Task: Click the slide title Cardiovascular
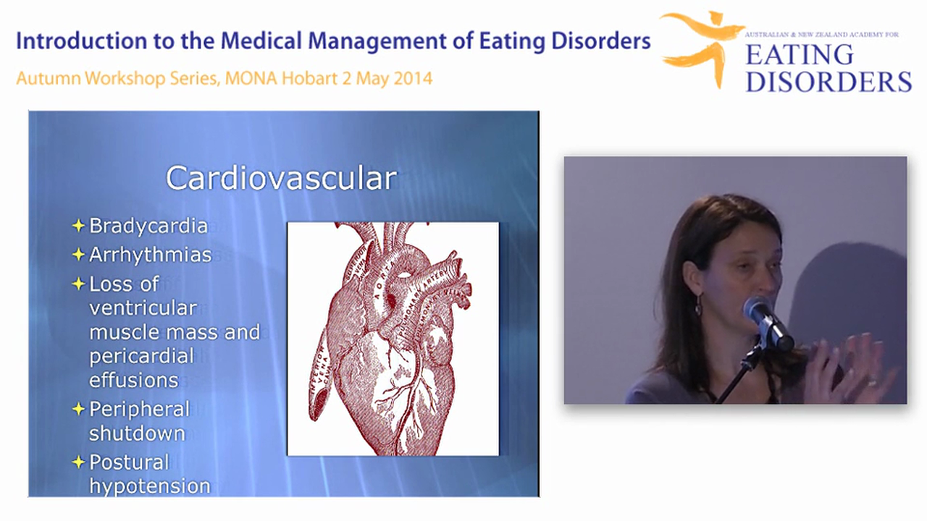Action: [x=281, y=178]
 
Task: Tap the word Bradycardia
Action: [x=148, y=226]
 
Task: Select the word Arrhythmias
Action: [x=150, y=255]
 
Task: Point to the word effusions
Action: [x=133, y=380]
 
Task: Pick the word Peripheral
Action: [x=139, y=409]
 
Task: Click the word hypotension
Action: [x=149, y=486]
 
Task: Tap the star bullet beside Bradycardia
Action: [x=78, y=226]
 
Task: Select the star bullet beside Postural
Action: [x=78, y=462]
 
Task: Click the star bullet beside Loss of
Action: [x=78, y=284]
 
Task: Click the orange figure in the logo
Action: [x=700, y=45]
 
